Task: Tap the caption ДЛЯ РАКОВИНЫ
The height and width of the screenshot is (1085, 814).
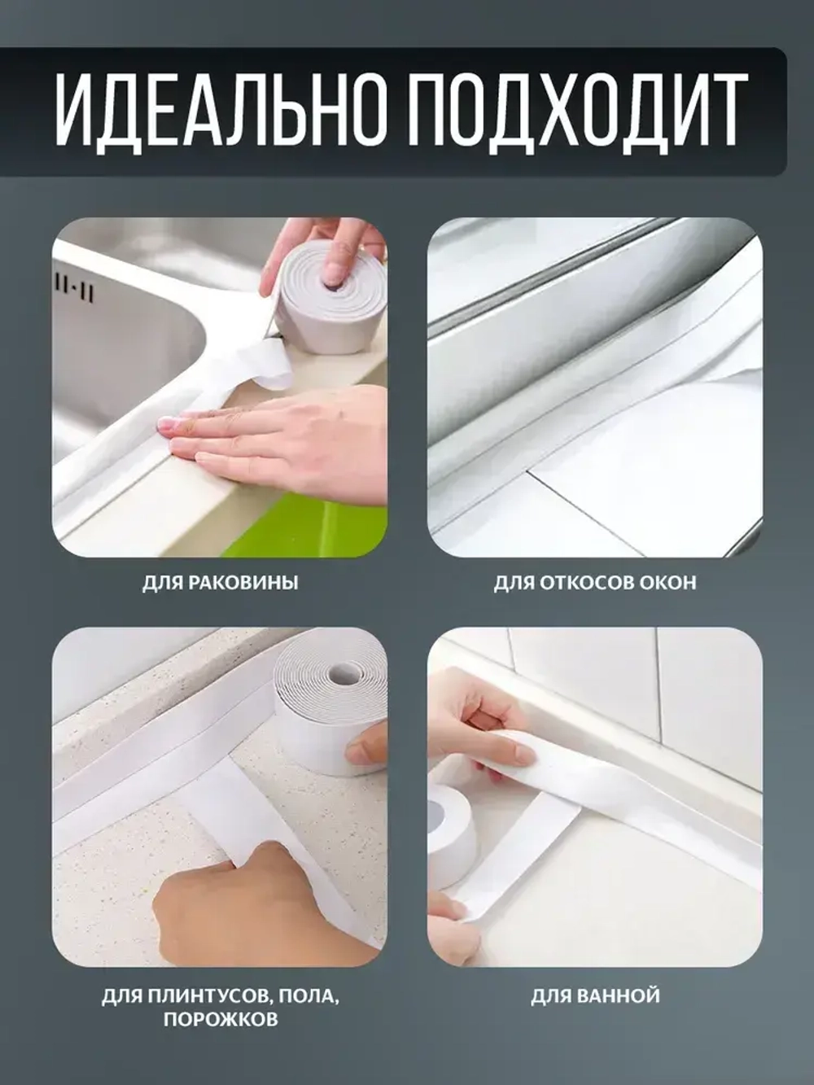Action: (220, 583)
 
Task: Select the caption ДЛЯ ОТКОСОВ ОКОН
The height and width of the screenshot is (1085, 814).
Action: (595, 583)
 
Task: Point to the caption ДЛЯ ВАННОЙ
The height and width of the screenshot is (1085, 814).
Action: (595, 995)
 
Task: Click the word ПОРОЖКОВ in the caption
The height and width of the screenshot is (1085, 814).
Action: (220, 1019)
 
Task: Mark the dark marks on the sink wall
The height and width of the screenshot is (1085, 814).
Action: (73, 289)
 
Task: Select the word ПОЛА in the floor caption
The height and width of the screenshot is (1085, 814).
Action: (312, 995)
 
